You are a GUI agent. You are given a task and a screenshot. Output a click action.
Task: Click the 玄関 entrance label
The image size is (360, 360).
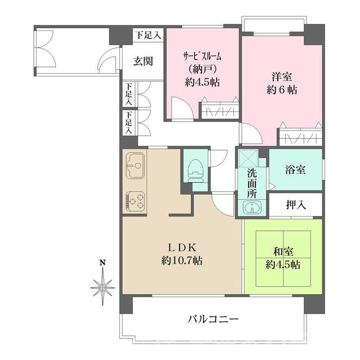coord(143,61)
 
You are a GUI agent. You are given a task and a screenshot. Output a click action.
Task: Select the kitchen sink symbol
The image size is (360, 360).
coord(135,165)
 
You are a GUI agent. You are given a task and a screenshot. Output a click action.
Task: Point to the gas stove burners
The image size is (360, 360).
coord(135,199)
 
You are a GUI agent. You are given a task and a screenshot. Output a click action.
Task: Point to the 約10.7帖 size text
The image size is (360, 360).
coord(182,261)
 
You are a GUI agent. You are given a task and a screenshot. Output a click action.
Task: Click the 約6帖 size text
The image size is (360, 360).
coord(281,89)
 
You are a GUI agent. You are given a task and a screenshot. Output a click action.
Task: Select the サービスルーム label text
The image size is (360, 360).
coord(202,56)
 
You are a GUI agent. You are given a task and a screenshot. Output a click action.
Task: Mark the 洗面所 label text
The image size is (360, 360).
coord(251,183)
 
